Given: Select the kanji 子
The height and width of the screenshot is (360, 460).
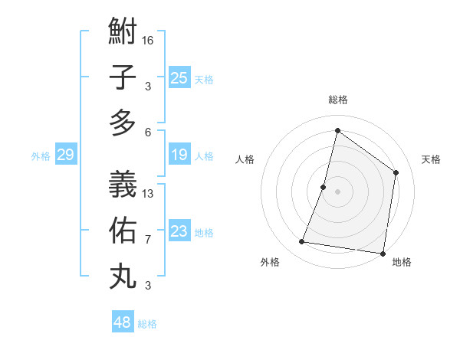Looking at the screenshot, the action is point(123,78).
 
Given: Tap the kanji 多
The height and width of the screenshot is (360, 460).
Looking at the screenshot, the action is point(123,123).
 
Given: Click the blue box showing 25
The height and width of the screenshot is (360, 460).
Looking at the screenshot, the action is point(179,77).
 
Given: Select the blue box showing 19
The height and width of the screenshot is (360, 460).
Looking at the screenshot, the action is point(179,155).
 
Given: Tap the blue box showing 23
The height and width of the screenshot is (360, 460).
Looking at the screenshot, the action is point(179,231).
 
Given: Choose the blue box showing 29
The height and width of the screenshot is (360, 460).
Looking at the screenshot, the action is point(65,155).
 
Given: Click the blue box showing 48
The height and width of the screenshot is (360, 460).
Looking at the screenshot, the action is point(123,322).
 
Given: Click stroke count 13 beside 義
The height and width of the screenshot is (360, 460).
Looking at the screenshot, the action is point(148,193).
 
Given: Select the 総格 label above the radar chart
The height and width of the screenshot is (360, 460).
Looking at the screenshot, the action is point(338,100).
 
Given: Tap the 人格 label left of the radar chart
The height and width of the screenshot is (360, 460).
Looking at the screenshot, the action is point(245,159).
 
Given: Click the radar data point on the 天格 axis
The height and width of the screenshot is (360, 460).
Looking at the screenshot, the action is point(396,172).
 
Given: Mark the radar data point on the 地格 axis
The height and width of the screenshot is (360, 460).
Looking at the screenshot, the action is point(383,253).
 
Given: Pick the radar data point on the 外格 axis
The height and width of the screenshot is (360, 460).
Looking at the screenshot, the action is point(302,242).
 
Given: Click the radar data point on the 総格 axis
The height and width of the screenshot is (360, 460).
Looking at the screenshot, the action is point(337,130).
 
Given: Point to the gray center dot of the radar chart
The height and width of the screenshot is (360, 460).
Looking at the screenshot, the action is point(337,191).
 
